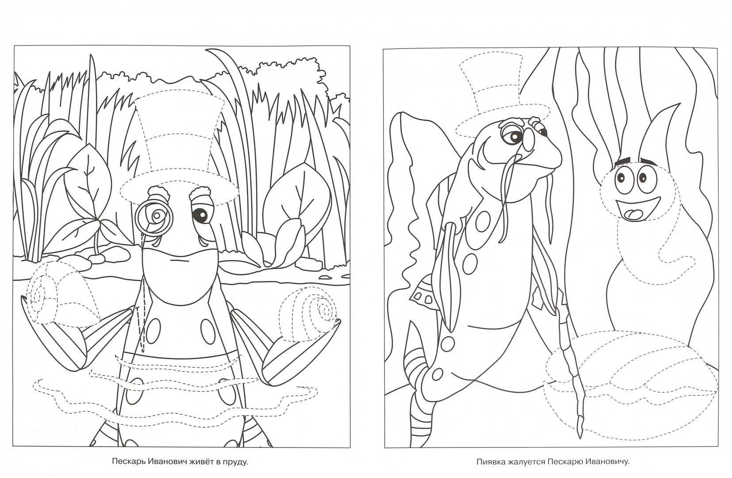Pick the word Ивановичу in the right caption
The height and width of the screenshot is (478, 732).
[x=608, y=462]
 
